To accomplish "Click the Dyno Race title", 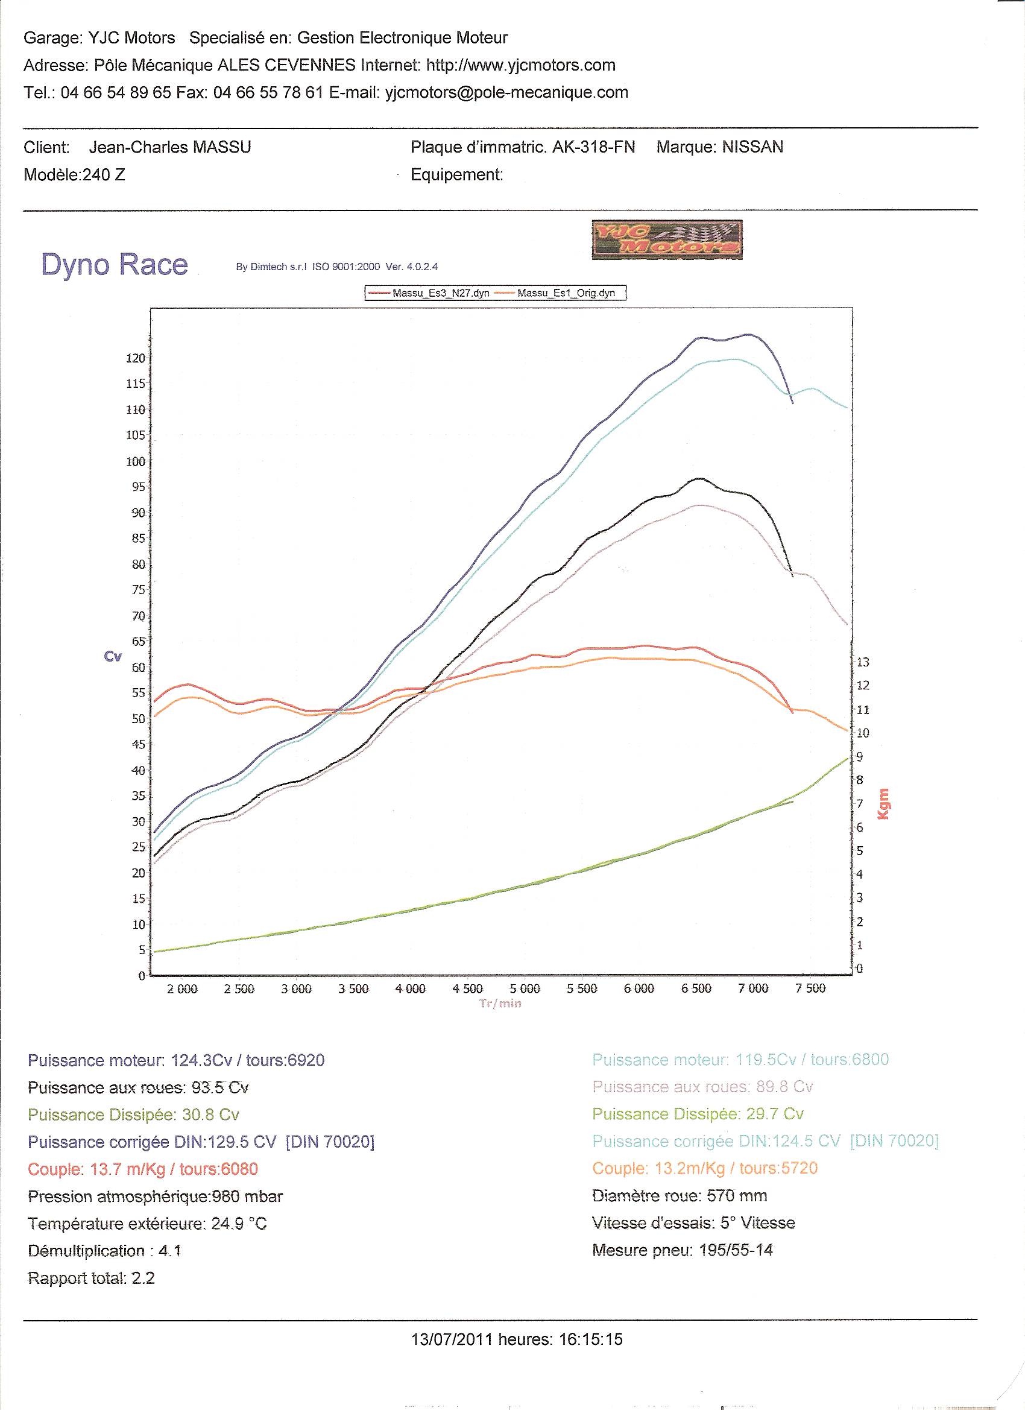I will [115, 264].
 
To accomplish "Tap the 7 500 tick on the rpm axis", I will [810, 989].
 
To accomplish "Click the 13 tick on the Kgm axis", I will [863, 662].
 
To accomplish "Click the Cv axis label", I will [113, 657].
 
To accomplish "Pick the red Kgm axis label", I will [883, 804].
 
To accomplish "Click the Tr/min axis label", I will [500, 1004].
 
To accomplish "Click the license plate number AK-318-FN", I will [594, 147].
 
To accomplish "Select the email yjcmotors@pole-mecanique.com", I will [506, 93].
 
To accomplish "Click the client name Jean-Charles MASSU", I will [170, 147].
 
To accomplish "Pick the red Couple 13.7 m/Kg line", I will [143, 1169].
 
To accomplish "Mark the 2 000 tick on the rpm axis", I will [182, 989].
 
